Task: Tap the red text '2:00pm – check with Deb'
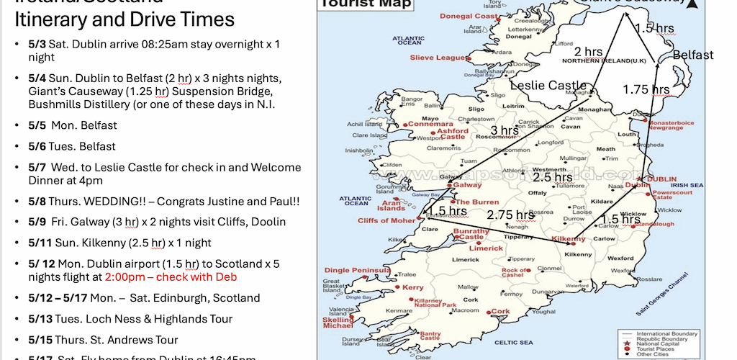[x=171, y=277]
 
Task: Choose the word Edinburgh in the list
[x=178, y=298]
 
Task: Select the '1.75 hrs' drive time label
[x=646, y=89]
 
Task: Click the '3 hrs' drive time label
[x=499, y=131]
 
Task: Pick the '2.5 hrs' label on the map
[x=552, y=176]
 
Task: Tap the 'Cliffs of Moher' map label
[x=386, y=220]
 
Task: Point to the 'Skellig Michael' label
[x=338, y=321]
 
